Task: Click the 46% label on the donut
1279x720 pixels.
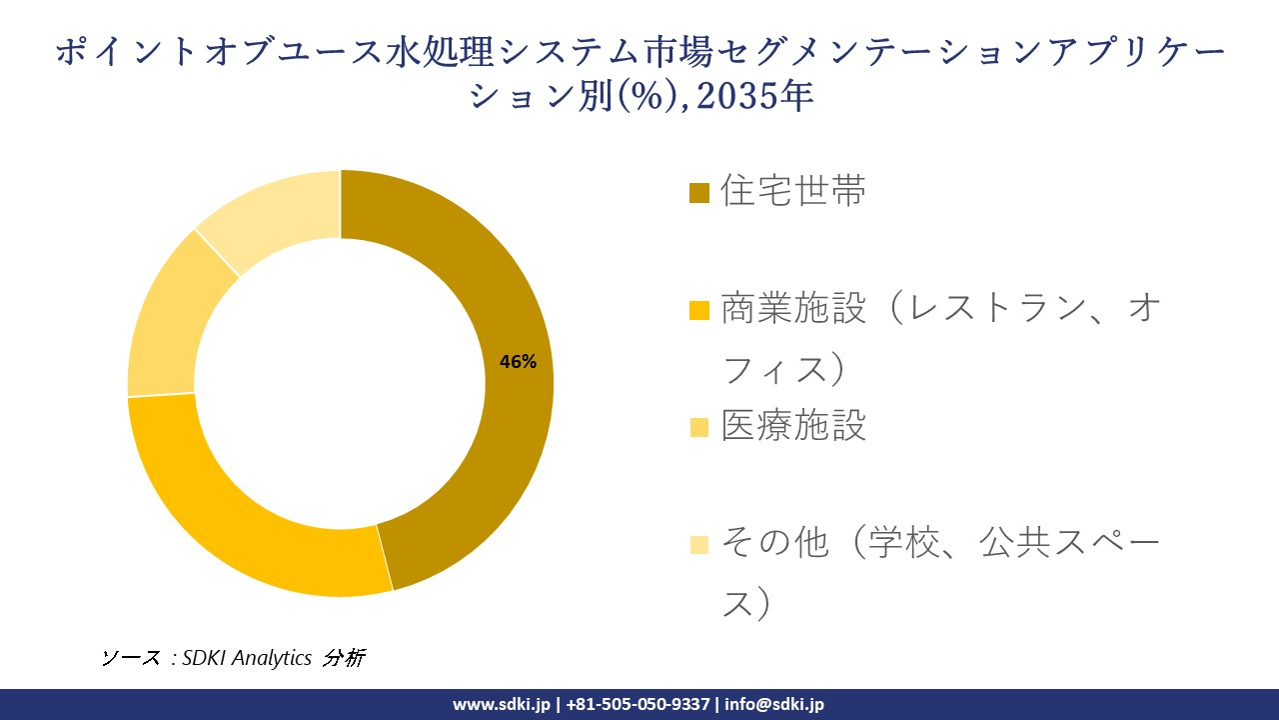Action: point(518,362)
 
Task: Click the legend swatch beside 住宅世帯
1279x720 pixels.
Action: point(699,192)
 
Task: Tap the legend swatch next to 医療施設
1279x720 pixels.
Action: point(699,428)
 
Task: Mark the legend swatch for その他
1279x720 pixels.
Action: point(699,545)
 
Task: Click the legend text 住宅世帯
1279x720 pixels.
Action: point(793,191)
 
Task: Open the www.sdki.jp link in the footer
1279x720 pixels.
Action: point(501,704)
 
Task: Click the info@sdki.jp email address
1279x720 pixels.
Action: point(773,704)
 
